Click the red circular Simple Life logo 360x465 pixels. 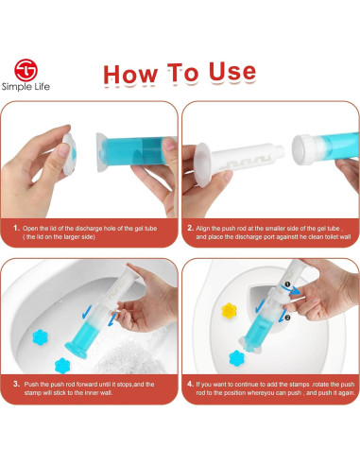[x=26, y=70]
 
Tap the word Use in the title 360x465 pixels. [x=232, y=72]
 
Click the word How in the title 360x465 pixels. [x=130, y=74]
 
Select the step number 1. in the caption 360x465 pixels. [x=16, y=228]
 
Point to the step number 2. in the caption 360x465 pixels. [x=190, y=228]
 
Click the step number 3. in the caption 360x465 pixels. [x=16, y=384]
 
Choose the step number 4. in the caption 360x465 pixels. [x=190, y=384]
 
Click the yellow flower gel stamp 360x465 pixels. [x=229, y=310]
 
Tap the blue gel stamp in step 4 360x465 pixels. [x=237, y=358]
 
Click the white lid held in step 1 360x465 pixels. [x=69, y=154]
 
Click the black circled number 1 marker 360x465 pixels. [x=287, y=284]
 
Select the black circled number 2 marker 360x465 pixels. [x=287, y=318]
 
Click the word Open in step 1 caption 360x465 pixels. [x=30, y=229]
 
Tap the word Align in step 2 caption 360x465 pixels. [x=202, y=229]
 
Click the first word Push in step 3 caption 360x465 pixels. [x=31, y=384]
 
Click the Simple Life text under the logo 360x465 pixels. [x=26, y=87]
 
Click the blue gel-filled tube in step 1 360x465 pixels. [x=135, y=152]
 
